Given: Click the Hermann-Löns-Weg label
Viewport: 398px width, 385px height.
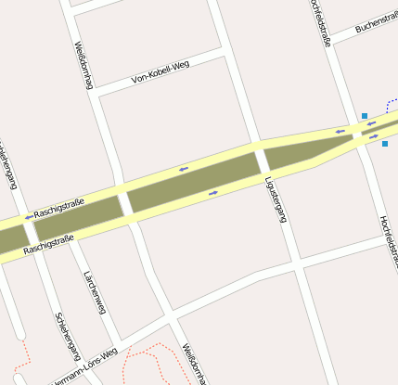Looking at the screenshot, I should (x=83, y=367).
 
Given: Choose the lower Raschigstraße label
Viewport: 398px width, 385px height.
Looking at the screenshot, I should (x=49, y=244).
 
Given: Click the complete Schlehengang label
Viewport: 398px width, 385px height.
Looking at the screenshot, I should (x=68, y=335).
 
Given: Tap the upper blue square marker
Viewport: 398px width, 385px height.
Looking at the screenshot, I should (x=365, y=116).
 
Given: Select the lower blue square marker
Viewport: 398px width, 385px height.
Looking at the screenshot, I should (x=385, y=144).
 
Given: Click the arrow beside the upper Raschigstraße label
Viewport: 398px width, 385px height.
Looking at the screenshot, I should (x=28, y=216).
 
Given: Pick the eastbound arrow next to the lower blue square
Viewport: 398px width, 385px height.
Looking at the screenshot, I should (x=374, y=137).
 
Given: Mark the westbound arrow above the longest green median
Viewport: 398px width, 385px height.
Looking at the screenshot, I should (x=184, y=169).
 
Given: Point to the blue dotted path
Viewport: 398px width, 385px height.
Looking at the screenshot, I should (x=391, y=104).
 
